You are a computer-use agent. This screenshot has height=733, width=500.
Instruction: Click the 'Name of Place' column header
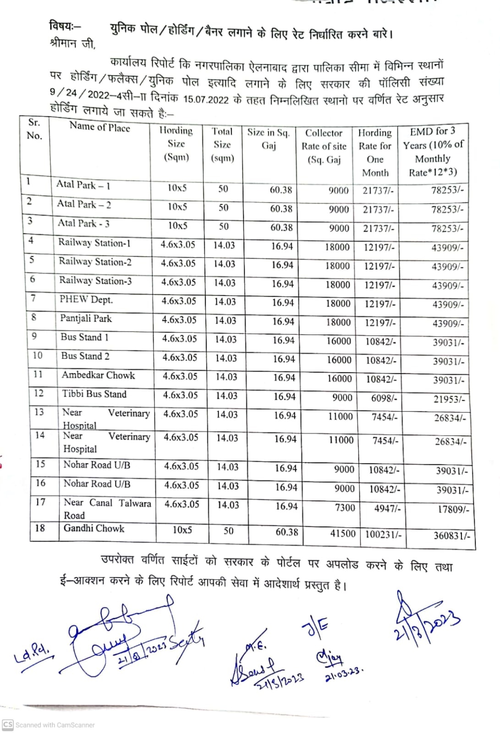99,127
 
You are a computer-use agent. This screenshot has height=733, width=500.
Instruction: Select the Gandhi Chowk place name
94,528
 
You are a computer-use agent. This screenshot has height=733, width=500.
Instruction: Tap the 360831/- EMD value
451,535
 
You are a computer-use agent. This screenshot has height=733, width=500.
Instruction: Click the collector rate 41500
343,533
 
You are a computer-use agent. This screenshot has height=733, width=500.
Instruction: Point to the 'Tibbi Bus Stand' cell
94,394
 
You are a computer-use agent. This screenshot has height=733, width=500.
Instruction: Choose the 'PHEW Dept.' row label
86,300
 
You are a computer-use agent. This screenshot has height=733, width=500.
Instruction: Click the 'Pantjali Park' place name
86,318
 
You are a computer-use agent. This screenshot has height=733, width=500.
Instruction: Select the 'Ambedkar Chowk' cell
98,375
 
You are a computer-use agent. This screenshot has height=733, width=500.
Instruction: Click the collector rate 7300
345,508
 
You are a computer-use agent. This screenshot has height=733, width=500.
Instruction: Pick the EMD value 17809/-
453,509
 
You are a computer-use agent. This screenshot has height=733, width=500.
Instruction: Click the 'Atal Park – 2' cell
84,204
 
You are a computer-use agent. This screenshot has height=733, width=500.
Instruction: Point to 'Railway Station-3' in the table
95,281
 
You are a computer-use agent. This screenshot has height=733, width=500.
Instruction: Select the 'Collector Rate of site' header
324,146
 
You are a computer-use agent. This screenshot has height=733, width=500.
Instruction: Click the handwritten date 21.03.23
344,675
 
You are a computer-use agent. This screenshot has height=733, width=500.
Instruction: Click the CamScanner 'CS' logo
7,725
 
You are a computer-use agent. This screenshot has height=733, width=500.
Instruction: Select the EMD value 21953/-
449,399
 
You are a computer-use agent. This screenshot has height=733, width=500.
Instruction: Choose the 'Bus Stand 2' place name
85,356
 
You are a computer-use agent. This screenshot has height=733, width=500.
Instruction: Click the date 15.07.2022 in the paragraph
206,100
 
